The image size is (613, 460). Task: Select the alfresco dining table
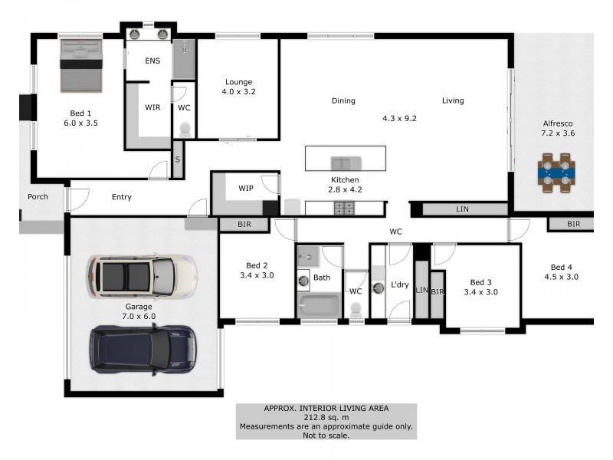557,172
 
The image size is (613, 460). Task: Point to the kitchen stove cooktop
344,207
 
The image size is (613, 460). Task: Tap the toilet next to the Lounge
184,131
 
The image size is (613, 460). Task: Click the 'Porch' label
38,197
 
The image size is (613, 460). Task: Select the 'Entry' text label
121,197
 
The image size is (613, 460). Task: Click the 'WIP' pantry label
246,188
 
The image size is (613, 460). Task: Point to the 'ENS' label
152,61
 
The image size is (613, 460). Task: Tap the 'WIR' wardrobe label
152,107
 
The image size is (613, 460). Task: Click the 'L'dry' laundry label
399,285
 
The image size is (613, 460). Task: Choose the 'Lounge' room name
238,82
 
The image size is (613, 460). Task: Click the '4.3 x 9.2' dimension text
399,119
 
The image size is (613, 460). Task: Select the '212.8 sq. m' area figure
326,417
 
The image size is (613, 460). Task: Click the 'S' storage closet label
178,159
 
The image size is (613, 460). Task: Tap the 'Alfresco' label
558,123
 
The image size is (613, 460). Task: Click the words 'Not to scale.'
326,435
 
